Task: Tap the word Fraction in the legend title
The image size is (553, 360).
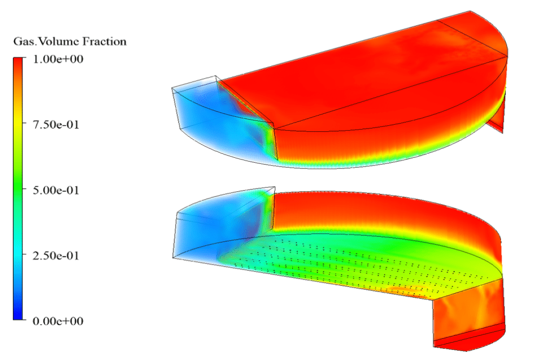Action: tap(105, 42)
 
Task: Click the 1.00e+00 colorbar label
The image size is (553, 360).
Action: tap(58, 59)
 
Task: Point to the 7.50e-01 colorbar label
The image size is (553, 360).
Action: tap(56, 125)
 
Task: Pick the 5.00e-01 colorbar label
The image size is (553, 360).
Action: tap(56, 190)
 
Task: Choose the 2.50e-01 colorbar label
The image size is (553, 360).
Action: tap(56, 255)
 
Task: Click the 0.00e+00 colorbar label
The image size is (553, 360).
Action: tap(58, 321)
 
